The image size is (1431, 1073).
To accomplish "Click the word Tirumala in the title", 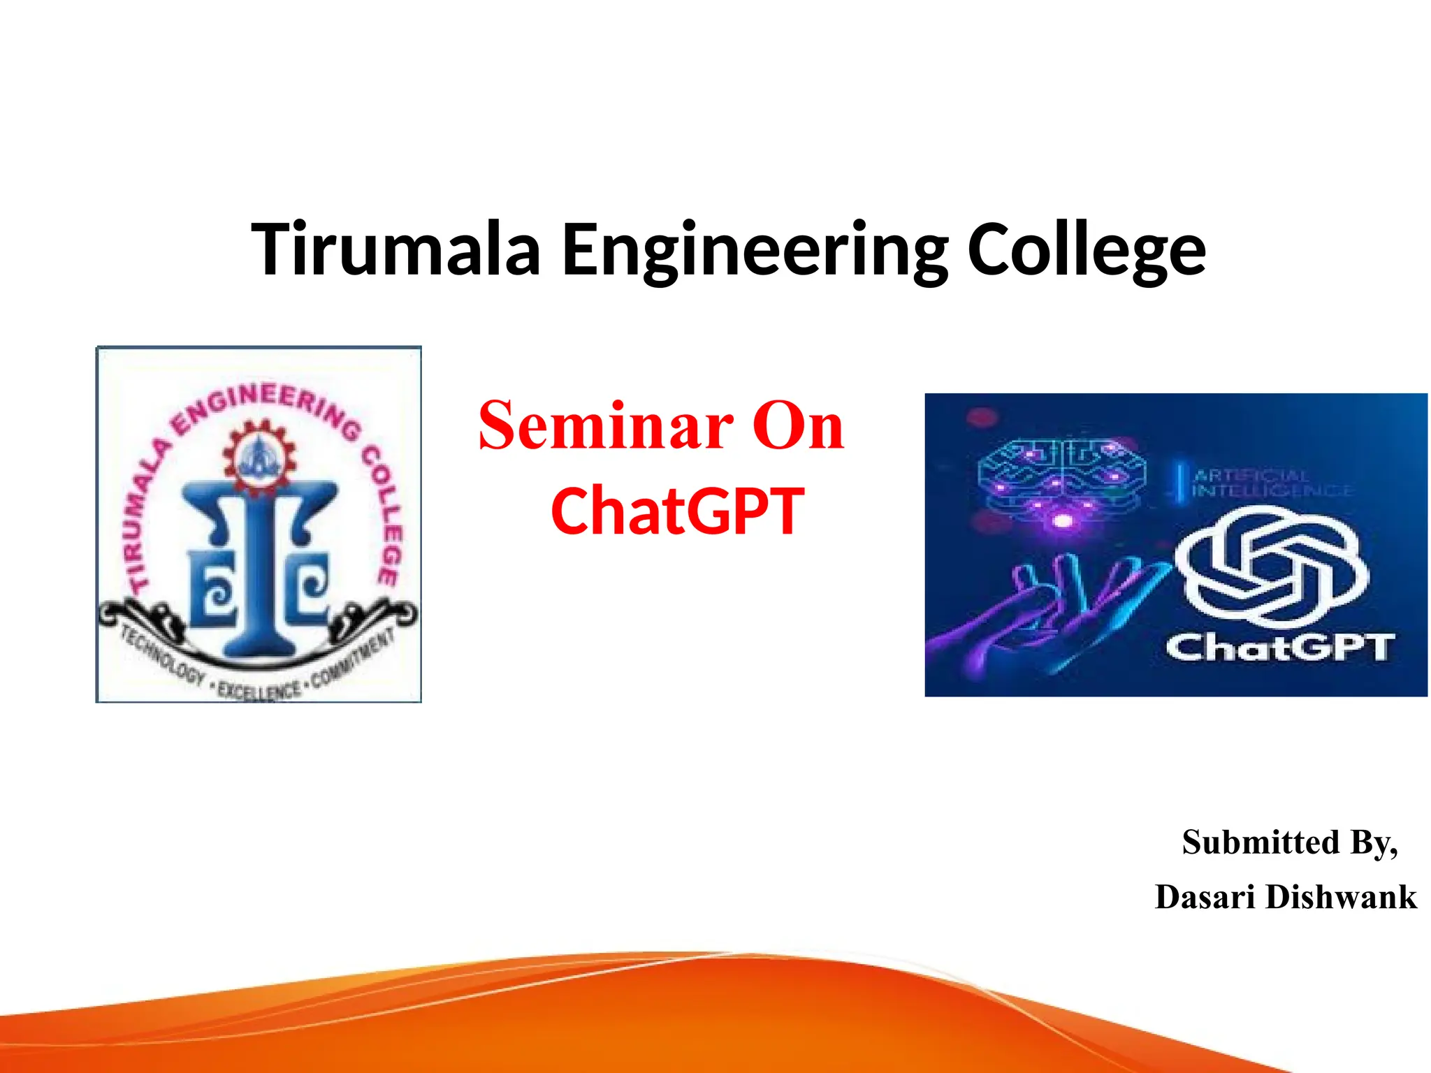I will (x=395, y=249).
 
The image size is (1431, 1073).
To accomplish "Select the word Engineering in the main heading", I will (x=755, y=251).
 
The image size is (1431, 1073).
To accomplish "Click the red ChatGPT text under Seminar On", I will (x=677, y=512).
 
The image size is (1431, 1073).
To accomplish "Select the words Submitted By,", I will (x=1290, y=842).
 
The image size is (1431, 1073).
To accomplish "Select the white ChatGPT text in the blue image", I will (x=1279, y=648).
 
